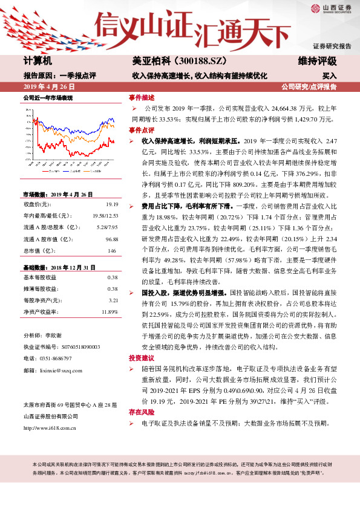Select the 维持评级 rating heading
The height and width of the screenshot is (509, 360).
click(317, 62)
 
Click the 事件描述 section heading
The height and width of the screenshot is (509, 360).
click(140, 97)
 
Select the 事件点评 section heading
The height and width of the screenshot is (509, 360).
click(140, 130)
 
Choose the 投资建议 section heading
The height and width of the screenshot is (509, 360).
click(140, 358)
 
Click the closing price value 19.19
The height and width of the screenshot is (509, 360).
click(112, 205)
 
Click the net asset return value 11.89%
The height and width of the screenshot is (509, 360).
click(110, 311)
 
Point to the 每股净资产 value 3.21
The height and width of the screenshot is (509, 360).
click(113, 300)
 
